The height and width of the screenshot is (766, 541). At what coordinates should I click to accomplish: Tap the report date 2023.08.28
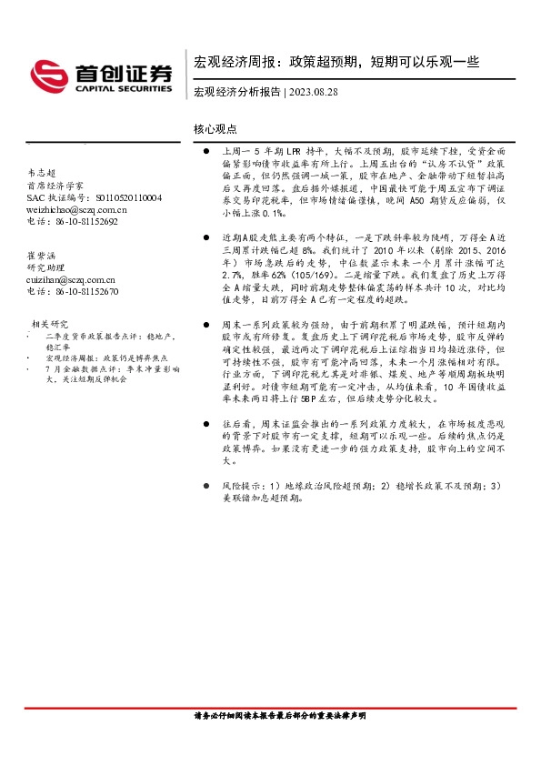[315, 92]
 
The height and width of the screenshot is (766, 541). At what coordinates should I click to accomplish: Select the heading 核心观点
[215, 129]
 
